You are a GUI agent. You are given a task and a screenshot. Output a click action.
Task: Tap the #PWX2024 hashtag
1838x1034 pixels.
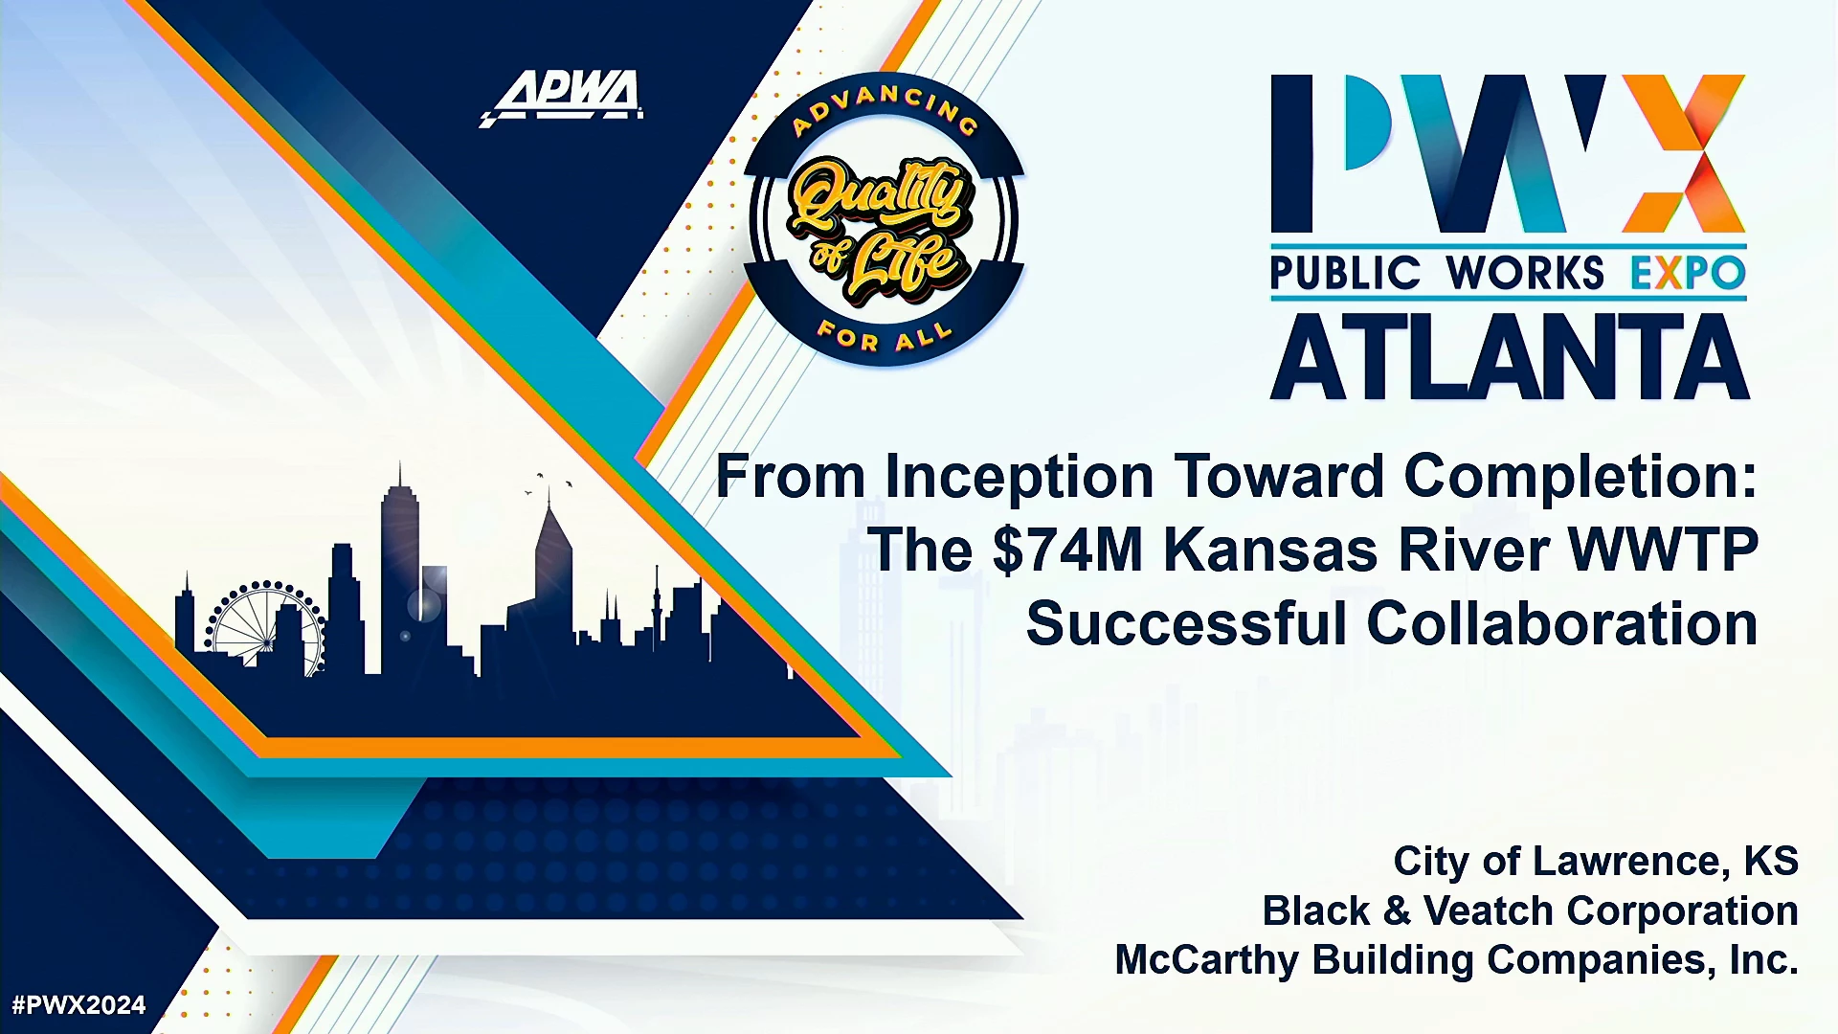(78, 1005)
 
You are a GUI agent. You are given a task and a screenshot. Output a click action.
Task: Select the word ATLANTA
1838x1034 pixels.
(1510, 358)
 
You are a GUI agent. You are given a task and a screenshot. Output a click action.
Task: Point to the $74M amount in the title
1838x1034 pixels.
(1068, 550)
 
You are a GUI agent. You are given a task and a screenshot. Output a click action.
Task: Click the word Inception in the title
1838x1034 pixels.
(1019, 476)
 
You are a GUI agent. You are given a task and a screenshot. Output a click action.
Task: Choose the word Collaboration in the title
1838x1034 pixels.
(1562, 623)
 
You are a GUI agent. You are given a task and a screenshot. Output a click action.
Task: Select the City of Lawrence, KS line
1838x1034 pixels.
(1596, 861)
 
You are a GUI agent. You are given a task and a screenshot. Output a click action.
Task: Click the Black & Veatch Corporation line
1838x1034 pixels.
(1530, 910)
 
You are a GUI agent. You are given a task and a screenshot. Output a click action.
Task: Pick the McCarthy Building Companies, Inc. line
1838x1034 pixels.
(1456, 959)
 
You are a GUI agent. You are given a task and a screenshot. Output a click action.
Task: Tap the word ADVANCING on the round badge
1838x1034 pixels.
(885, 108)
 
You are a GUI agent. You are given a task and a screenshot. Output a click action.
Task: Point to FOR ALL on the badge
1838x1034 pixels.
(885, 336)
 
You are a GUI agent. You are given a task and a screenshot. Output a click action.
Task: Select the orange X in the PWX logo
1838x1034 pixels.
(1683, 153)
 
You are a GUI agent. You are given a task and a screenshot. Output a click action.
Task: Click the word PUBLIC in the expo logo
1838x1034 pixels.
(1345, 274)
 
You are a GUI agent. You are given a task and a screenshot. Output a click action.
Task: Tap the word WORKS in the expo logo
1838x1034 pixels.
(1525, 274)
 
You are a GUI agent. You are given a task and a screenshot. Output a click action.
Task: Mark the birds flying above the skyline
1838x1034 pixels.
(549, 483)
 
